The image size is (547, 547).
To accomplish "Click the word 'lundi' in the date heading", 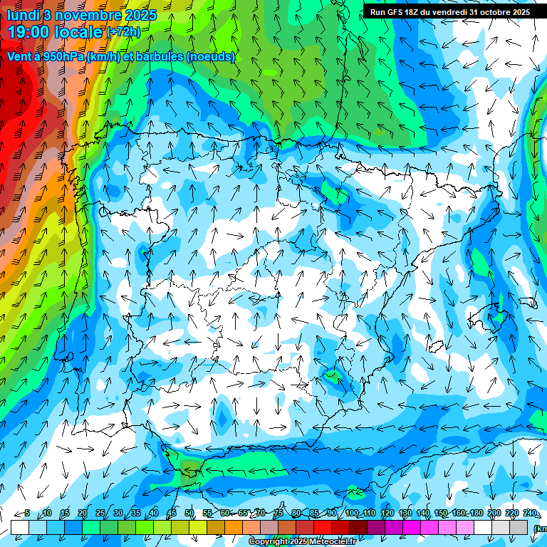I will click(23, 15).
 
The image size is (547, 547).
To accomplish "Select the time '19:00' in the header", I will click(30, 33).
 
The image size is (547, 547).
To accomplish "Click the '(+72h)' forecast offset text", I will click(123, 32).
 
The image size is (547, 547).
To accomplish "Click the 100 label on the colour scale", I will click(352, 514).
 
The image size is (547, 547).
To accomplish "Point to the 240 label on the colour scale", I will click(530, 514).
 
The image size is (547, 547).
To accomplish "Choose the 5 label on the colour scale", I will click(27, 514).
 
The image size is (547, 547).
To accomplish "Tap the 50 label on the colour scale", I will click(189, 514).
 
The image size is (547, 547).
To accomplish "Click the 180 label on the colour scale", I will click(476, 514).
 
